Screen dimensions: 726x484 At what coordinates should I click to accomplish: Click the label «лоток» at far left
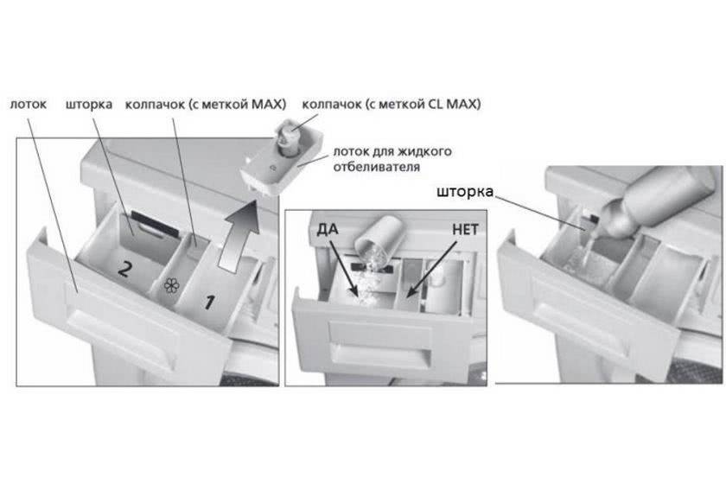tap(29, 105)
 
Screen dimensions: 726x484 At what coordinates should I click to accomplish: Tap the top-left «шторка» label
tap(89, 105)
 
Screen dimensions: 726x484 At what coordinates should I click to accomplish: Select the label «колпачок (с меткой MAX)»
tap(206, 105)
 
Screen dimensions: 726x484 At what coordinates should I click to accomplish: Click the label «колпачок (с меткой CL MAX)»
tap(392, 105)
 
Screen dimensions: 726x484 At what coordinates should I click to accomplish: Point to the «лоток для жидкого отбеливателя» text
tap(392, 159)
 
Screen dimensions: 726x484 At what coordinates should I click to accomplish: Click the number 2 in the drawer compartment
tap(124, 268)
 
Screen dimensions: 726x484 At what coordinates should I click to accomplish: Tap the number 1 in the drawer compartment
tap(209, 302)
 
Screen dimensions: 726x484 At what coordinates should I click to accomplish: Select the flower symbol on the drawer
tap(171, 285)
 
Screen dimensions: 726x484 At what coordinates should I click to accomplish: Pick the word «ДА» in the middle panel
tap(328, 229)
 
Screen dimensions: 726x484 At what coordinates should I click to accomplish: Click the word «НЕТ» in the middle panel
tap(465, 229)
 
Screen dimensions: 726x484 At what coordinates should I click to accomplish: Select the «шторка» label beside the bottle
tap(465, 191)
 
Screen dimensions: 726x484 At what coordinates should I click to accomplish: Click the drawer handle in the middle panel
tap(379, 346)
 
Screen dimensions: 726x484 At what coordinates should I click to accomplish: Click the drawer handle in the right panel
tap(583, 328)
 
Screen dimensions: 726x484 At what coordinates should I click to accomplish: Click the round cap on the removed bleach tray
tap(288, 138)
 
